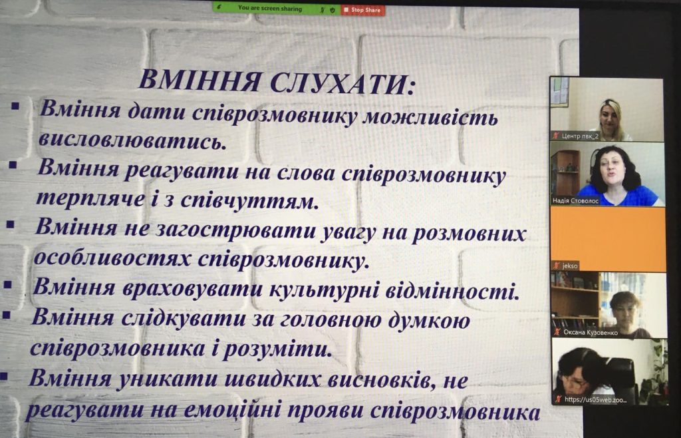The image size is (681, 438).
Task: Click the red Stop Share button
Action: tap(363, 9)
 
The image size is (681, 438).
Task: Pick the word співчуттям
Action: tap(254, 200)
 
